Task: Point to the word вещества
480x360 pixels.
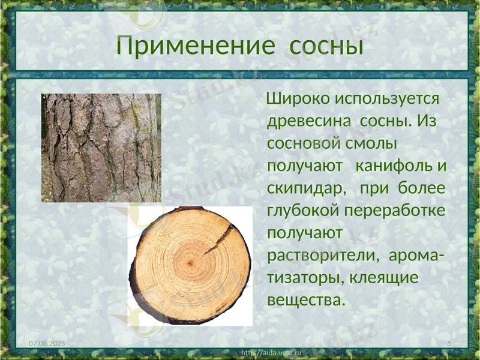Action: [306, 299]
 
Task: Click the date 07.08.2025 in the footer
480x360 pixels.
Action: [47, 342]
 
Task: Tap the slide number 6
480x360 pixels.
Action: [449, 342]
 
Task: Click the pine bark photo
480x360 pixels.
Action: [101, 148]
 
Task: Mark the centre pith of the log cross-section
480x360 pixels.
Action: [191, 265]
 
